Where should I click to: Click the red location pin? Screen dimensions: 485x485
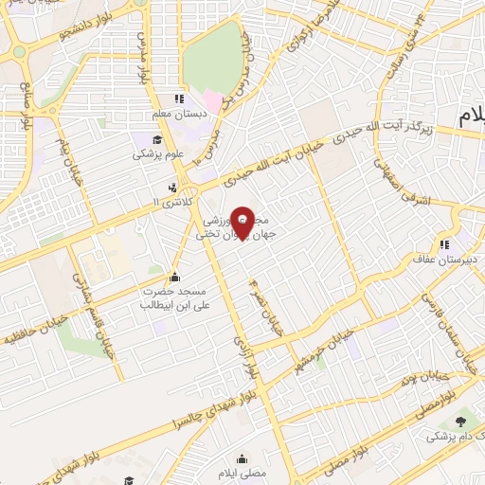pos(242,221)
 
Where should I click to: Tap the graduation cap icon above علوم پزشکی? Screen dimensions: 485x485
pos(141,138)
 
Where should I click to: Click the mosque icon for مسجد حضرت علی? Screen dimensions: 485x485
pos(174,278)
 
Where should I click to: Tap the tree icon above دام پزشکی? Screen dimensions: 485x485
pos(460,422)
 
